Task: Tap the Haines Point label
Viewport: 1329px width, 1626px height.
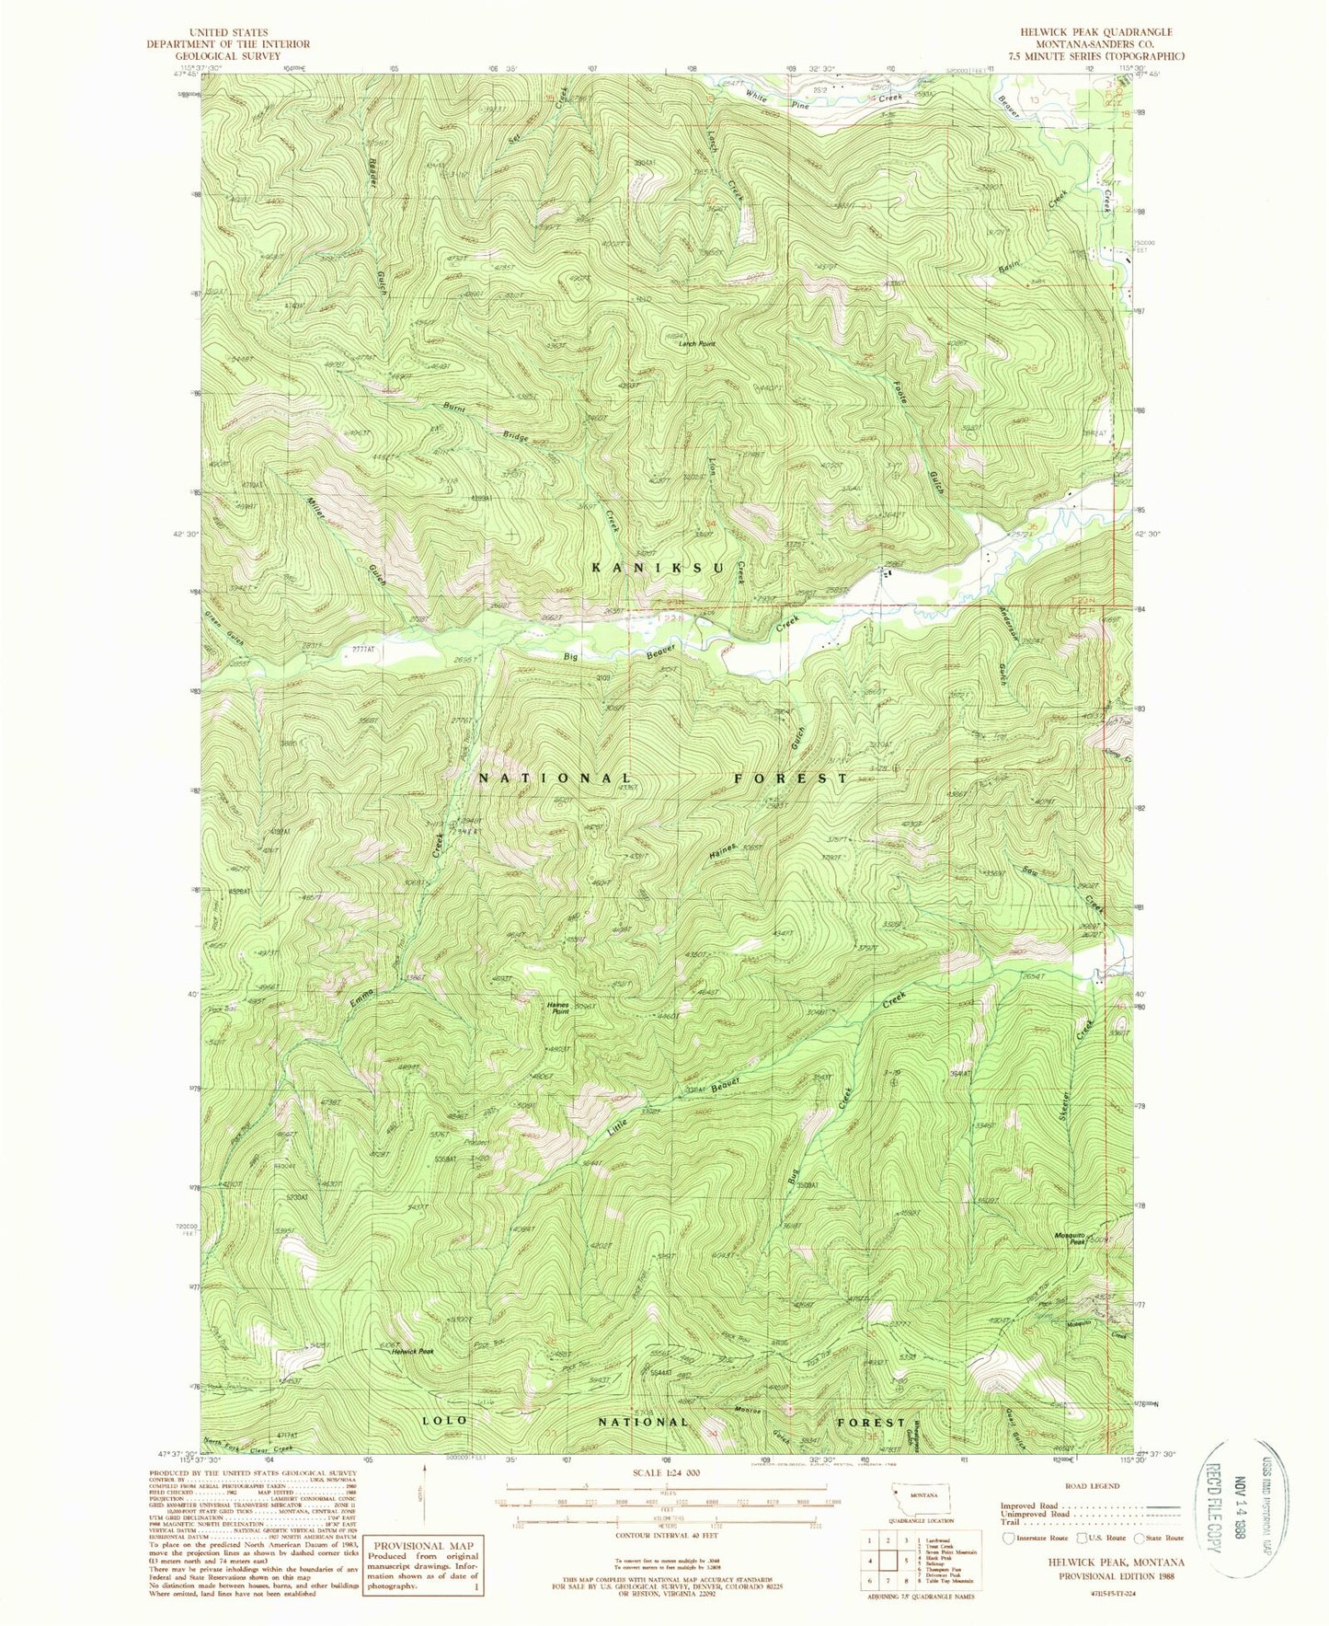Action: (557, 1008)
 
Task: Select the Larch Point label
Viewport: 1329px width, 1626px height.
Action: (696, 344)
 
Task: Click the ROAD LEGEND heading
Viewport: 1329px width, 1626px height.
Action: (1091, 1486)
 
